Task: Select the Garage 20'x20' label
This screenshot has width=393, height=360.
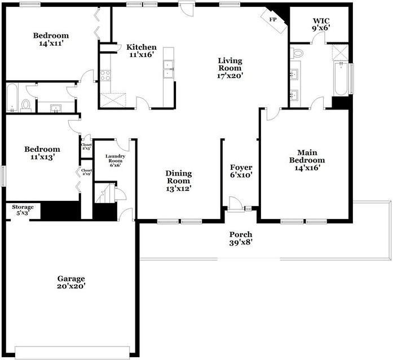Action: pyautogui.click(x=71, y=282)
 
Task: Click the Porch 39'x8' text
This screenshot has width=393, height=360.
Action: pyautogui.click(x=241, y=238)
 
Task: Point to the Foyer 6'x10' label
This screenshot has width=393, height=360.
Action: pyautogui.click(x=241, y=171)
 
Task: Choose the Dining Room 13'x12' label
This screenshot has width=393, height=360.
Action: pyautogui.click(x=178, y=181)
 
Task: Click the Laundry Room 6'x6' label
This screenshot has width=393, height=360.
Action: pyautogui.click(x=115, y=160)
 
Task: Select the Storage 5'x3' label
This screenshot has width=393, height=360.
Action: pyautogui.click(x=23, y=210)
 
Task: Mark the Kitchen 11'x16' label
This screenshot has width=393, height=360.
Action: pyautogui.click(x=142, y=51)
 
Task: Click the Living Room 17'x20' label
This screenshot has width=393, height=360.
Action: pyautogui.click(x=229, y=68)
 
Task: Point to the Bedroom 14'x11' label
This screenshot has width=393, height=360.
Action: pyautogui.click(x=50, y=39)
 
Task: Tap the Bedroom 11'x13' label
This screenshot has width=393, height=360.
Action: pyautogui.click(x=39, y=153)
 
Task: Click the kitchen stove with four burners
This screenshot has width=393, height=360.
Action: pyautogui.click(x=105, y=74)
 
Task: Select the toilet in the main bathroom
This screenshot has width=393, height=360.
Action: pyautogui.click(x=297, y=54)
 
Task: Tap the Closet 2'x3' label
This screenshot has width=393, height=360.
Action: pyautogui.click(x=86, y=147)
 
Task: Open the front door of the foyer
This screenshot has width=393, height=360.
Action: pyautogui.click(x=236, y=204)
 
